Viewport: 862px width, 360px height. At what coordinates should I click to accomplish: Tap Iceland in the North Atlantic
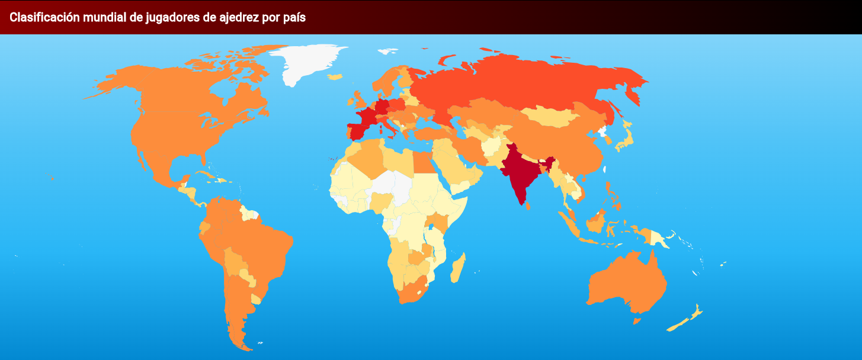pyautogui.click(x=335, y=76)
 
